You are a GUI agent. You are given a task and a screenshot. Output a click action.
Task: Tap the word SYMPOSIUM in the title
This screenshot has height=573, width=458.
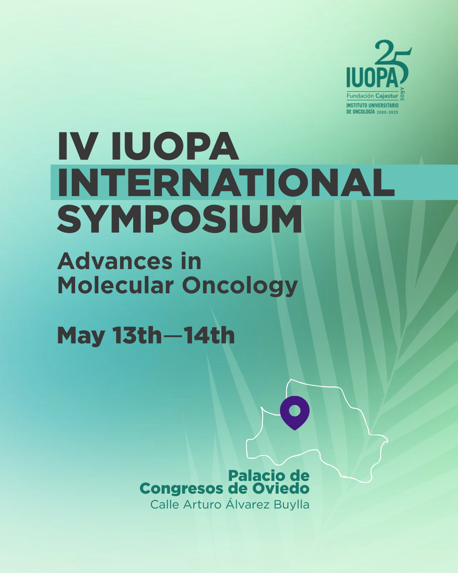click(x=180, y=219)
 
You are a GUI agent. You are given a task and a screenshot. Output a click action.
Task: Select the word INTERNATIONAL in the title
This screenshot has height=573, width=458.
click(x=226, y=182)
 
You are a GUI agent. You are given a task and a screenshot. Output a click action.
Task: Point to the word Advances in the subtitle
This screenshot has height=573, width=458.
click(x=114, y=261)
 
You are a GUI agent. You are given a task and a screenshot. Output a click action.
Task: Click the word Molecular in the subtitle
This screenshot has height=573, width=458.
click(x=115, y=286)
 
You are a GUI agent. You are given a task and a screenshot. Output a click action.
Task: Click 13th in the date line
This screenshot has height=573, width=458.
click(x=137, y=335)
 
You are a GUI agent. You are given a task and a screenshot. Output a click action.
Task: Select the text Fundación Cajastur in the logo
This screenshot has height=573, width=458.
click(x=372, y=95)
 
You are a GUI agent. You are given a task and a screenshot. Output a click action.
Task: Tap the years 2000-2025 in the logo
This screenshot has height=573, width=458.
click(x=388, y=112)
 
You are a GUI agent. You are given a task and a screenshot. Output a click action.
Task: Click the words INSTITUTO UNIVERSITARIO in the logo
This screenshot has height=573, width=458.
click(x=372, y=105)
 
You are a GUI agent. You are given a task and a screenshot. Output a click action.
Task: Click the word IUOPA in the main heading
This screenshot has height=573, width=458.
click(x=175, y=146)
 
